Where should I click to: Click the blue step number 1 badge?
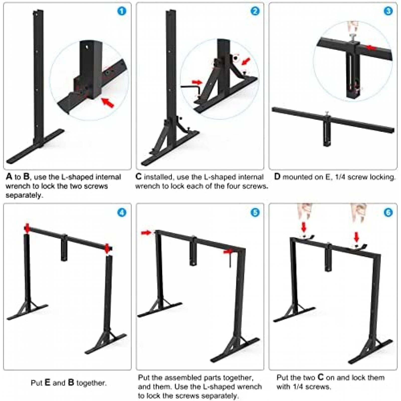coord(122,11)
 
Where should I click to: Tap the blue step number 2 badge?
coord(255,11)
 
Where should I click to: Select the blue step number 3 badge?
coord(388,11)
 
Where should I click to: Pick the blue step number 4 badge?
coord(122,213)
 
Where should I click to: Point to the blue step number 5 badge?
coord(255,213)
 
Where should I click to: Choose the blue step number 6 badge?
coord(388,213)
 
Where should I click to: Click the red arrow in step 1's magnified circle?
coord(108,102)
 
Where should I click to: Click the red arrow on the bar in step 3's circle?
coord(371,48)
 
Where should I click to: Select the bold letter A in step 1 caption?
coord(9,177)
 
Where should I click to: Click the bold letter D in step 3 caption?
coord(277,177)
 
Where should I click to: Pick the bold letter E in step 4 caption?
coord(47,383)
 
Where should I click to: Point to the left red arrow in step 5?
coord(146,233)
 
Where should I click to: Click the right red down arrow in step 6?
coord(356,237)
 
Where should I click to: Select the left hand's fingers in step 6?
coord(304,212)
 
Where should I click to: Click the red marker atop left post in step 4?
coord(27,228)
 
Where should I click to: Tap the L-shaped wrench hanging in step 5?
coord(230,259)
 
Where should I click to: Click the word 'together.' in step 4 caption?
coord(91,383)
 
